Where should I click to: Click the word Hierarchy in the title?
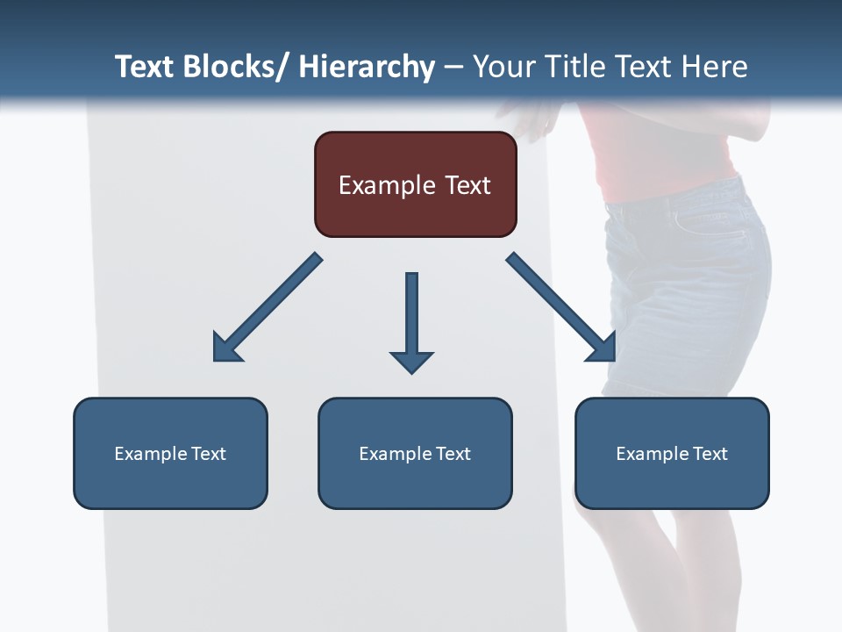366,67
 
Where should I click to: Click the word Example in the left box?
151,454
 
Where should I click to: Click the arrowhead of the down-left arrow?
225,349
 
